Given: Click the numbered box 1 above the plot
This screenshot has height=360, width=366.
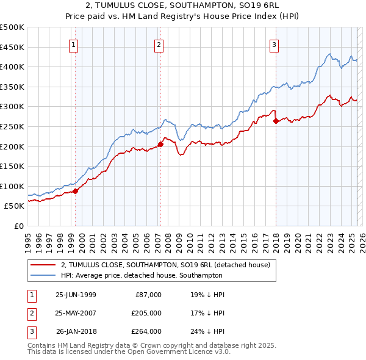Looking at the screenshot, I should (73, 44).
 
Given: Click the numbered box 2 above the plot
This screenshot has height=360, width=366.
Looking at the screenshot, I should (159, 44).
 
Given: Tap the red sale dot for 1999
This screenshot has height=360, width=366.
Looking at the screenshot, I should (76, 191).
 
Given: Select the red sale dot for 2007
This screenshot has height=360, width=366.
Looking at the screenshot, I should (161, 145).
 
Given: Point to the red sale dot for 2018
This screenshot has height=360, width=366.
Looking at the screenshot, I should (276, 121).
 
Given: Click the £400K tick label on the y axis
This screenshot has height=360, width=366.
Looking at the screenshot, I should (12, 67).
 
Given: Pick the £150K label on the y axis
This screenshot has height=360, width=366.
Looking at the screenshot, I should (12, 166).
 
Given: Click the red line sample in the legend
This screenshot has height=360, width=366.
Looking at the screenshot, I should (43, 265).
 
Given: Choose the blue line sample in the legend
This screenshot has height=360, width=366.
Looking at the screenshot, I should (43, 275).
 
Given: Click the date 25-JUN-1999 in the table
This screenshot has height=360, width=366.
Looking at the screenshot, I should (76, 295).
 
